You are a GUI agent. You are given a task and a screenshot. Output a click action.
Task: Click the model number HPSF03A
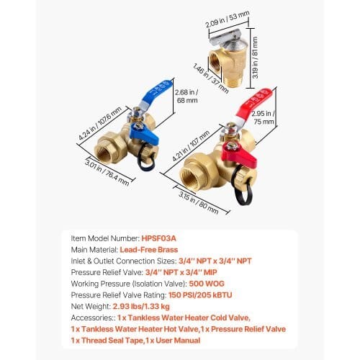pyautogui.click(x=159, y=238)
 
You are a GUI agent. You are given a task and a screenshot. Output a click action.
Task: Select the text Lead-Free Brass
pyautogui.click(x=149, y=250)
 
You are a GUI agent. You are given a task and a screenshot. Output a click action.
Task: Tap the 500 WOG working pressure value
pyautogui.click(x=207, y=284)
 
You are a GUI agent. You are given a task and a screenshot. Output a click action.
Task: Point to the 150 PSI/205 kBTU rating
pyautogui.click(x=200, y=295)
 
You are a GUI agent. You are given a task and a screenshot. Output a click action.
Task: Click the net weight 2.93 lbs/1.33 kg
pyautogui.click(x=141, y=306)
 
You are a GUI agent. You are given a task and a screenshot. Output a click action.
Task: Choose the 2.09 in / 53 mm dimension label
pyautogui.click(x=228, y=19)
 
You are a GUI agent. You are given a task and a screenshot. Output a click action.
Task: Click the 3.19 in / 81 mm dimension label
pyautogui.click(x=255, y=58)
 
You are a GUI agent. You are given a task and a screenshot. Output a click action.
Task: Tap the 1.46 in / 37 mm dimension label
pyautogui.click(x=211, y=78)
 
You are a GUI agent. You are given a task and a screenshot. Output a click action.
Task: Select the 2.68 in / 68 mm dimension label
pyautogui.click(x=187, y=96)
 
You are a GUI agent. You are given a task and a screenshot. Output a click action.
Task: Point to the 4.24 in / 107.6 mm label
pyautogui.click(x=100, y=123)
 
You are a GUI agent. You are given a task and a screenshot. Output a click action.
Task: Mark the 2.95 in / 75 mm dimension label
pyautogui.click(x=264, y=117)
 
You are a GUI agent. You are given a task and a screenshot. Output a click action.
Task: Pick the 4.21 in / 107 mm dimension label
pyautogui.click(x=191, y=145)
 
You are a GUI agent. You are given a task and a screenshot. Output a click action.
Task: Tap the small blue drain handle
pyautogui.click(x=144, y=135)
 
